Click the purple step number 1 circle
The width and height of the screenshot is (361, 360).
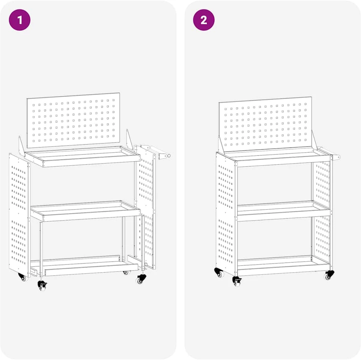click(x=19, y=20)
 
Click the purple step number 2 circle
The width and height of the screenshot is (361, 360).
click(x=204, y=20)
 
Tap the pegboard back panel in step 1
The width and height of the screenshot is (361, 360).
click(x=74, y=120)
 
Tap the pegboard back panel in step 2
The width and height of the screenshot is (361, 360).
click(x=265, y=124)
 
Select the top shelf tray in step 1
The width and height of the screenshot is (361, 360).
click(x=82, y=156)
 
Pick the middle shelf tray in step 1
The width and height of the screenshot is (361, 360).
click(x=85, y=211)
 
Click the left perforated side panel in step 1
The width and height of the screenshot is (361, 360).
click(x=19, y=215)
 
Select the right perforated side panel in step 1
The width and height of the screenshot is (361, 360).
click(x=145, y=207)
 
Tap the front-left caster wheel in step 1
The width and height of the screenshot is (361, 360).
click(x=42, y=286)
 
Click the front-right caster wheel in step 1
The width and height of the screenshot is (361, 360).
click(x=141, y=279)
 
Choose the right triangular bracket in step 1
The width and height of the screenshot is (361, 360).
click(x=129, y=139)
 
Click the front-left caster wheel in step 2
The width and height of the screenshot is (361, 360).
click(x=237, y=281)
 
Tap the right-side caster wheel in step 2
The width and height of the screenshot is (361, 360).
click(x=329, y=275)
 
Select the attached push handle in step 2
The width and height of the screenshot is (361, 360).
click(x=329, y=153)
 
